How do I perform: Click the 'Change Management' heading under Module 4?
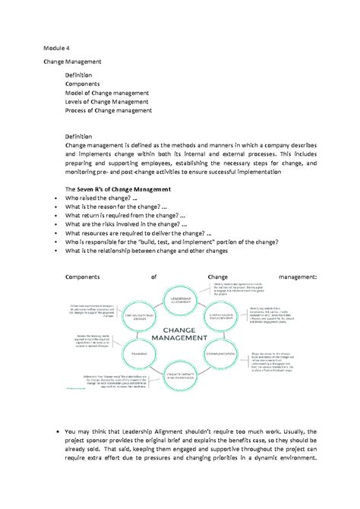[x=73, y=60]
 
